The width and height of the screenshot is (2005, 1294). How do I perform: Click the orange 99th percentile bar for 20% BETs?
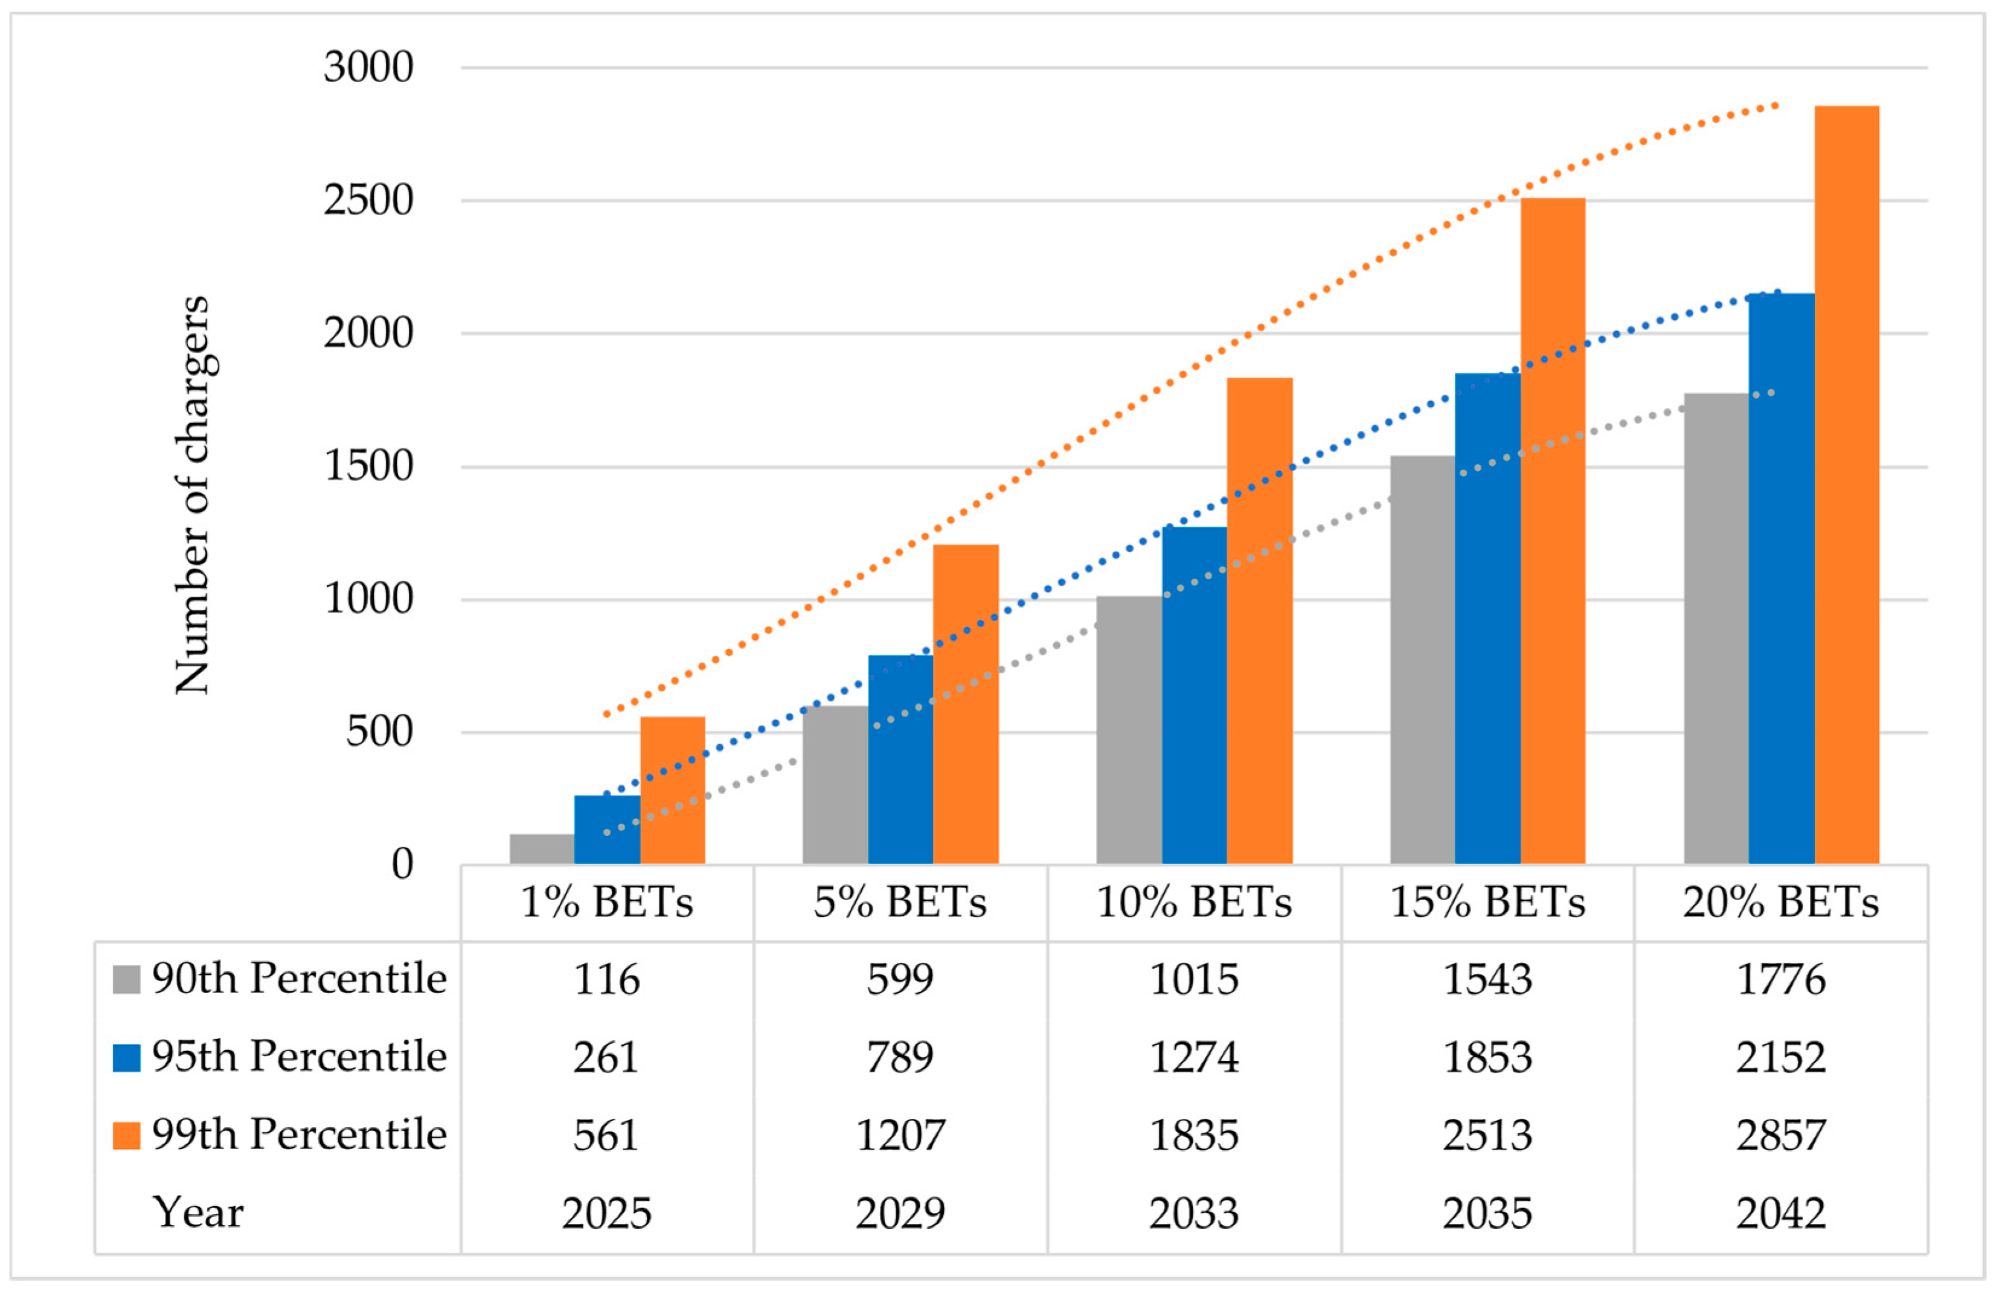(x=1846, y=485)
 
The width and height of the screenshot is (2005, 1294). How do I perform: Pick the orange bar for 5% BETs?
(x=966, y=704)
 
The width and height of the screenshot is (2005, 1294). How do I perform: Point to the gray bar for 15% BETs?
(x=1422, y=660)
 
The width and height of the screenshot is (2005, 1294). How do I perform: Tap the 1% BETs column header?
(x=606, y=903)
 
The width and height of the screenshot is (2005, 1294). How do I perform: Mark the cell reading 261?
(x=606, y=1058)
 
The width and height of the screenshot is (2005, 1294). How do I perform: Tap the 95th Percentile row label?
(x=299, y=1057)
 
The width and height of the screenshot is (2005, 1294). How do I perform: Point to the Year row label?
(x=198, y=1213)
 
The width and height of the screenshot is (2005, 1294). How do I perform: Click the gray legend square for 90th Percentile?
(x=126, y=980)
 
